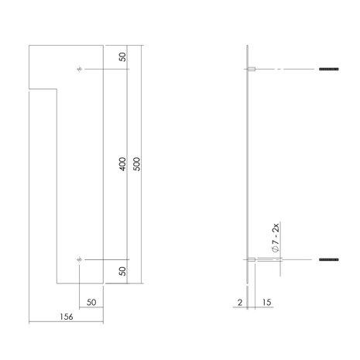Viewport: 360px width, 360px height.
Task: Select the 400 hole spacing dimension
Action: point(122,165)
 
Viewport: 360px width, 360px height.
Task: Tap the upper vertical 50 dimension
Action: point(122,58)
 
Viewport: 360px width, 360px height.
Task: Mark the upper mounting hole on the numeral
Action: point(80,71)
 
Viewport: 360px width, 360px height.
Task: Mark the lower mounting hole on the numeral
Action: point(80,259)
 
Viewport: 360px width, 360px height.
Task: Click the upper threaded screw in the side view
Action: point(329,71)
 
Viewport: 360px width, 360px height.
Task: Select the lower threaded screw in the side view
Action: point(329,259)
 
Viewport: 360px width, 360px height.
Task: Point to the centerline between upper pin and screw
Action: point(286,71)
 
